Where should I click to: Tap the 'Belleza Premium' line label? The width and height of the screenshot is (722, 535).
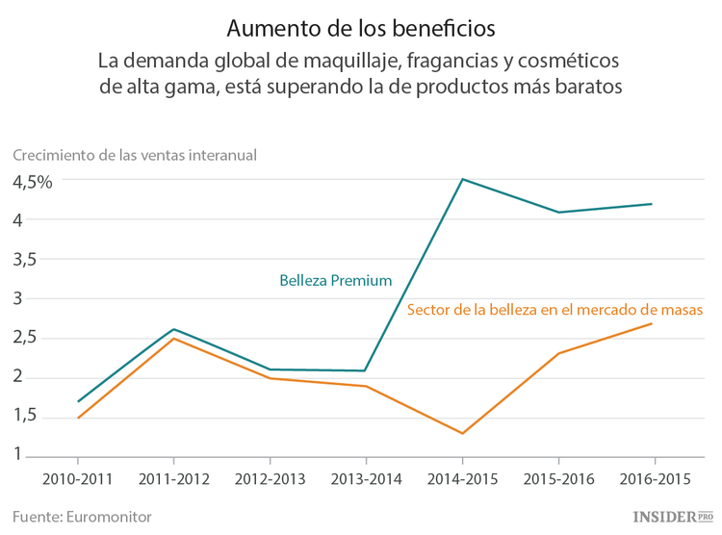click(335, 281)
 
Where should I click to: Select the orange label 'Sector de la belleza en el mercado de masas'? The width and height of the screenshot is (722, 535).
click(555, 310)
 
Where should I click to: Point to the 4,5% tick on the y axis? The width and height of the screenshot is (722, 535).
click(32, 181)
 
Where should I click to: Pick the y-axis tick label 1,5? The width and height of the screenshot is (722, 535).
click(24, 416)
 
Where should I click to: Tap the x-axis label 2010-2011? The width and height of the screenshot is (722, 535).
click(78, 477)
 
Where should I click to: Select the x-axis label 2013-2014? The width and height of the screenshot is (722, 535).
click(366, 477)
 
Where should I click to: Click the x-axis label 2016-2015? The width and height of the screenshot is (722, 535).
click(654, 477)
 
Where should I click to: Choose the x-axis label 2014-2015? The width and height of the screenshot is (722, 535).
click(462, 477)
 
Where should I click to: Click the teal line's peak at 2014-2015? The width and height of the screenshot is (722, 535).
click(462, 179)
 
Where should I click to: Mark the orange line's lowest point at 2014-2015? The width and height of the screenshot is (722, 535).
click(462, 433)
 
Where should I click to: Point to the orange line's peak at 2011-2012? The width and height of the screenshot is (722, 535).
click(174, 338)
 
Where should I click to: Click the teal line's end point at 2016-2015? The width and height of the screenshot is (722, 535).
click(653, 204)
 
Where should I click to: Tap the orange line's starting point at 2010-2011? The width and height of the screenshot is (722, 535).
click(78, 418)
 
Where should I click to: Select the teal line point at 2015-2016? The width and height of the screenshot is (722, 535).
click(558, 212)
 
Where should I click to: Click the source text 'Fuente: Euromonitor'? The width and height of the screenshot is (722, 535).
click(82, 516)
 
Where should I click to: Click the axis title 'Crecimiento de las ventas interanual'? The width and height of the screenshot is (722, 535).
click(134, 154)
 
